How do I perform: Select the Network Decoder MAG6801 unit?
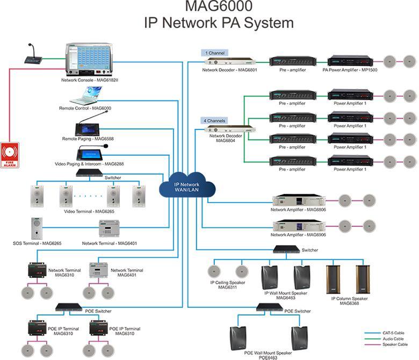tap(228, 61)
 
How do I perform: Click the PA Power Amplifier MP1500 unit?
tap(349, 60)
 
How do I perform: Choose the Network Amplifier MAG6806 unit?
tap(298, 200)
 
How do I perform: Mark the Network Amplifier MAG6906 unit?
tap(298, 226)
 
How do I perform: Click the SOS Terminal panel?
tap(37, 228)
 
